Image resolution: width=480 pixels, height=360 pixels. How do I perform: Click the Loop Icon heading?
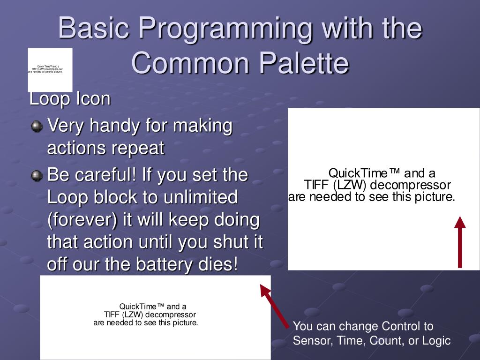pyautogui.click(x=70, y=99)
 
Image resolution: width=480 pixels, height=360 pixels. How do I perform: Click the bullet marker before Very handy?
pyautogui.click(x=36, y=127)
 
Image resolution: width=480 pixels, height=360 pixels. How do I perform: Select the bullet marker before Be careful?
pyautogui.click(x=36, y=176)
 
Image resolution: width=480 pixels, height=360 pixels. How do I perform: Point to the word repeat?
pyautogui.click(x=138, y=149)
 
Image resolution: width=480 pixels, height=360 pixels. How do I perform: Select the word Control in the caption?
pyautogui.click(x=400, y=326)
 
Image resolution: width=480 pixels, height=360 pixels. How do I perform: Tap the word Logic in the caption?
pyautogui.click(x=436, y=341)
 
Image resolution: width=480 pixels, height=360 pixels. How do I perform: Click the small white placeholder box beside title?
pyautogui.click(x=50, y=69)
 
